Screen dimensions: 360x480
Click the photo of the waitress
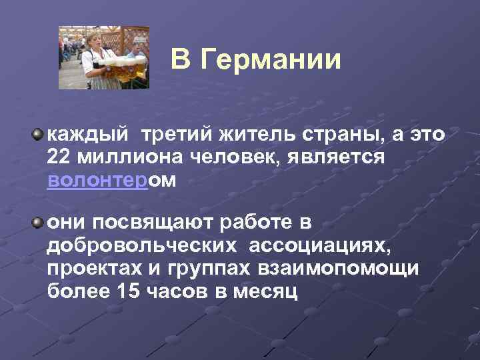coord(103,57)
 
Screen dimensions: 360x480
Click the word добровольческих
coord(142,245)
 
